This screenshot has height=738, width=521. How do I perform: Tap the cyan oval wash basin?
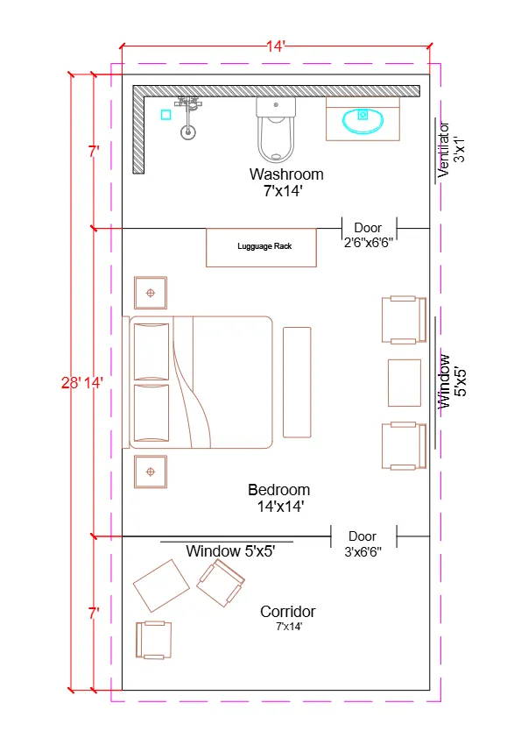click(363, 120)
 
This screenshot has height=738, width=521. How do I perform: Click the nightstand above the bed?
click(151, 293)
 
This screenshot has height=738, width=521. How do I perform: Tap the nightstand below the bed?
click(151, 472)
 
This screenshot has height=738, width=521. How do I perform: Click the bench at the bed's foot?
click(297, 381)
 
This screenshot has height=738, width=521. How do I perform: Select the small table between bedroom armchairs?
click(405, 382)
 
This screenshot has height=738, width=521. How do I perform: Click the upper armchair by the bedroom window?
click(403, 320)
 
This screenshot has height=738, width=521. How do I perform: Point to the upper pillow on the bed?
click(150, 351)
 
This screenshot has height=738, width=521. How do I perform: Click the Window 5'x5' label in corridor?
click(230, 551)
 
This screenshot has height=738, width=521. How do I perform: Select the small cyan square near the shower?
click(165, 114)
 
